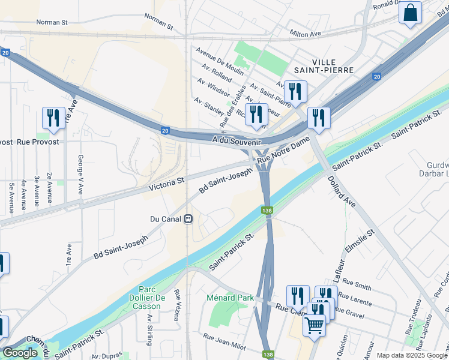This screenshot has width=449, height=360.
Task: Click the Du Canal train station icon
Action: point(188,219)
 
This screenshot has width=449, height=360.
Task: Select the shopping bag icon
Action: point(411,13)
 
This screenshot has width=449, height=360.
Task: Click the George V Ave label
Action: point(80,174)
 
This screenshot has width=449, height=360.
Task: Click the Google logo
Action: point(20,353)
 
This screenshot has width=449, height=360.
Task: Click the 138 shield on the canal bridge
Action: point(267,211)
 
